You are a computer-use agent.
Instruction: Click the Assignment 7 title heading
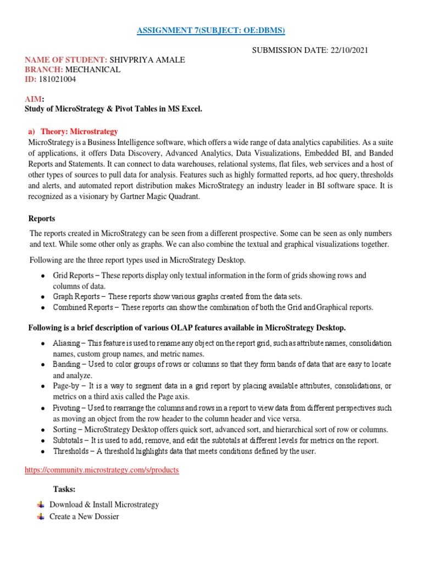tap(211, 29)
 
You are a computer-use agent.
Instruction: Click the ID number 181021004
tap(58, 79)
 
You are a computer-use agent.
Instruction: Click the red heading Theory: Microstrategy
tap(77, 131)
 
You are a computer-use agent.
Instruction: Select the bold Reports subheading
tap(42, 219)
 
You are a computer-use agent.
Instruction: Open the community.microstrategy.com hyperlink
tap(102, 471)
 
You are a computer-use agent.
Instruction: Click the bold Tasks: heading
tap(64, 489)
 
